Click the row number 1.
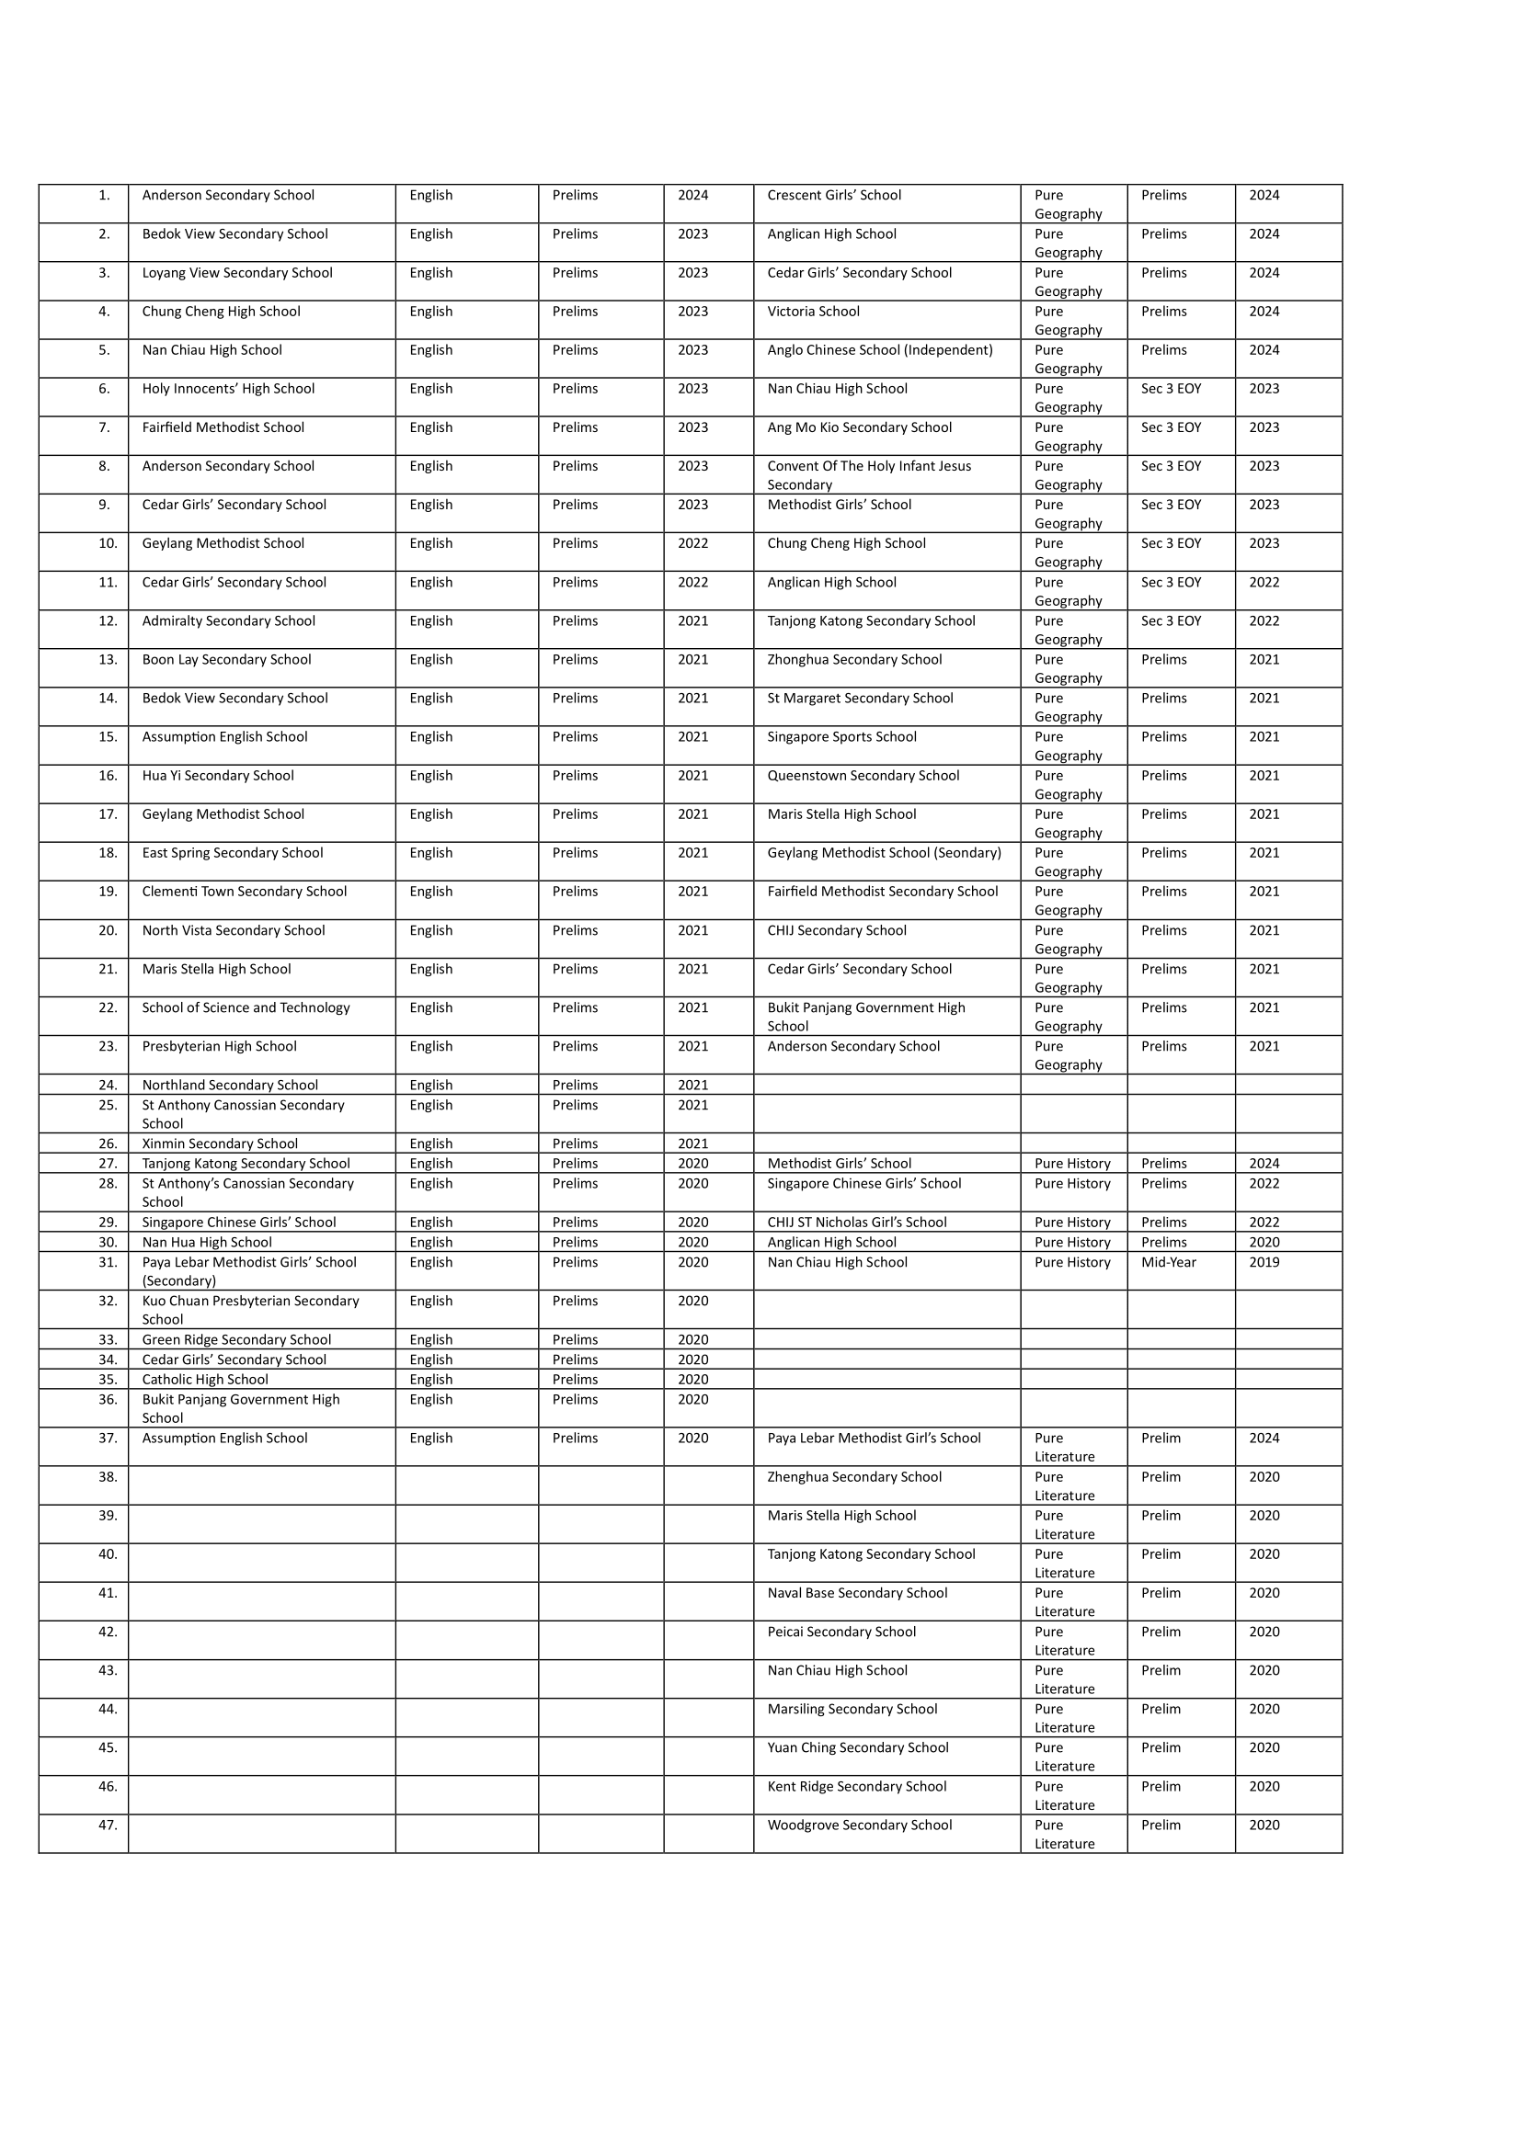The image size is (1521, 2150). pos(104,196)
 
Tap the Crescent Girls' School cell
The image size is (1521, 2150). pos(833,196)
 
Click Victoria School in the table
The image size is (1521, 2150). pos(813,312)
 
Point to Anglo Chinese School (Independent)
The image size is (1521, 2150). pos(879,350)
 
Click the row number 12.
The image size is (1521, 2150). pos(108,621)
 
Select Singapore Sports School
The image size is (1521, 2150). pos(841,738)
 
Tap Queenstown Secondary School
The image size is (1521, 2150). pos(863,777)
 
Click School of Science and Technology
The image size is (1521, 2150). pos(246,1008)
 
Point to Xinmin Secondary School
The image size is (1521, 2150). pos(219,1144)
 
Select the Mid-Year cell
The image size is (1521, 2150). pos(1168,1263)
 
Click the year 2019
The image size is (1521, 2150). pos(1264,1263)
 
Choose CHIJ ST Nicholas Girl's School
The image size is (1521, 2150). pos(856,1223)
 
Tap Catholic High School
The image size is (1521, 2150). pos(204,1381)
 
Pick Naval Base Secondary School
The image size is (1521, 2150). pos(857,1594)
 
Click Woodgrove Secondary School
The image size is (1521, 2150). pos(859,1826)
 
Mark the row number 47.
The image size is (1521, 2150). pos(108,1826)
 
